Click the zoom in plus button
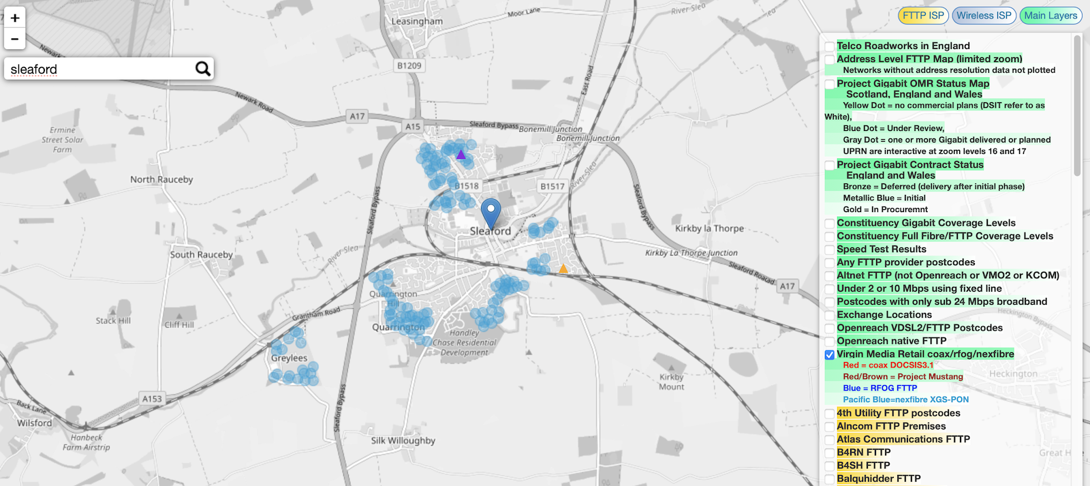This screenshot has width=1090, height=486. point(15,18)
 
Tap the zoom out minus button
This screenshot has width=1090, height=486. point(15,39)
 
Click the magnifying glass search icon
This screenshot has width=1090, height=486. point(202,69)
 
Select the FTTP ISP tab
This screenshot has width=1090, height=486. point(923,16)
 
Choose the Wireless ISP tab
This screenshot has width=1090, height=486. point(984,16)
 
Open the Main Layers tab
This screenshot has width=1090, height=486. point(1050,16)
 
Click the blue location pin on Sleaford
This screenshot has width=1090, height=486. point(490,211)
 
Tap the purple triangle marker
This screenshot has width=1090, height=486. point(461,155)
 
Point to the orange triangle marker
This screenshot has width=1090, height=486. point(563,269)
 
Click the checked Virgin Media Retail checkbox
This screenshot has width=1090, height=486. point(830,354)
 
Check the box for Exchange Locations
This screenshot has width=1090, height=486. point(830,315)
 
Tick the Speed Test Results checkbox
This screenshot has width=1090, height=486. point(830,249)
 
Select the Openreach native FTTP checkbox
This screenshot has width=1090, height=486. point(830,341)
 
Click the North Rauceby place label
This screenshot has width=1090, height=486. point(161,179)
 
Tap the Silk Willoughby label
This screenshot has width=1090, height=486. point(403,440)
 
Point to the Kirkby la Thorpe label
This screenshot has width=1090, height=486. point(709,228)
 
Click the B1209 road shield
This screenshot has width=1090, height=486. point(409,65)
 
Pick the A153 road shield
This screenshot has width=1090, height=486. point(152,399)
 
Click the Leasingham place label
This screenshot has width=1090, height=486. point(417,21)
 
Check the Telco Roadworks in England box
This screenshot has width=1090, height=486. point(830,46)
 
